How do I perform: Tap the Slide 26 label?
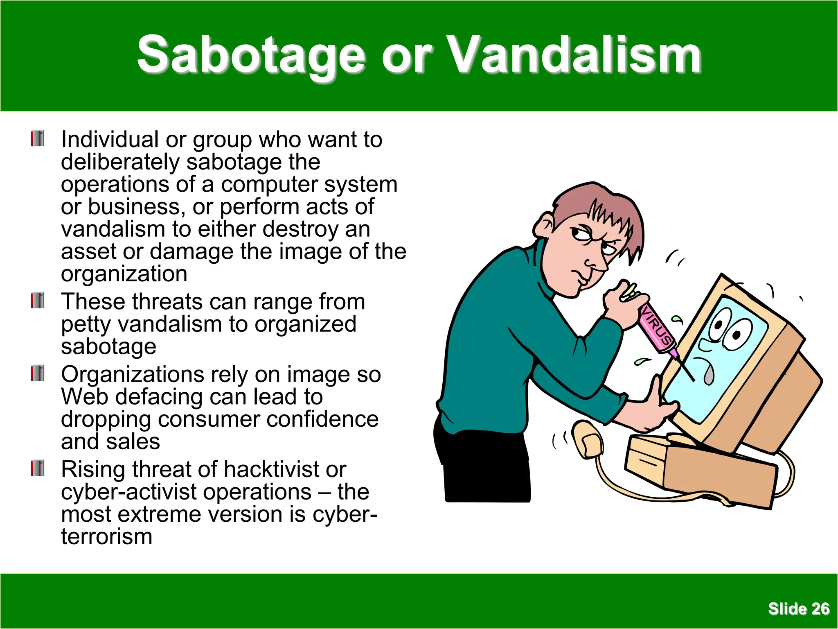coord(798,609)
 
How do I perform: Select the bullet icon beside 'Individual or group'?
coord(37,138)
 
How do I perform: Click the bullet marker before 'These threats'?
coord(37,301)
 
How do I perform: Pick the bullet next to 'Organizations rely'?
coord(37,373)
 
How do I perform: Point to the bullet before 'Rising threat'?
coord(37,468)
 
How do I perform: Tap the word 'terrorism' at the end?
coord(107,536)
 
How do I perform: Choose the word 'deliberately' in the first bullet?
coord(120,162)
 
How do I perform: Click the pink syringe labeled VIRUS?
coord(657,328)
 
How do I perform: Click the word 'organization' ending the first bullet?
coord(124,274)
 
